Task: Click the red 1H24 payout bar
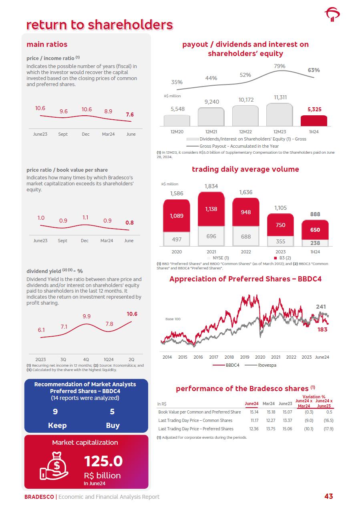[x=314, y=121]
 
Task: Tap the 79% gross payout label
[x=280, y=66]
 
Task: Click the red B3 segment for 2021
[x=211, y=209]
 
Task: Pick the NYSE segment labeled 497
[x=177, y=239]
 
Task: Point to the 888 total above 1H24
[x=315, y=214]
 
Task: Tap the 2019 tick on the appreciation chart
[x=245, y=357]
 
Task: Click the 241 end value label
[x=321, y=307]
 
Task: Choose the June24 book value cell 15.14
[x=254, y=412]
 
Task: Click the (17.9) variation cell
[x=328, y=429]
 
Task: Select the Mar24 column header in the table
[x=269, y=404]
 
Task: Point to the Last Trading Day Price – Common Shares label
[x=195, y=420]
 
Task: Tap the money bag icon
[x=54, y=466]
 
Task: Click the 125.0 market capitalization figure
[x=103, y=462]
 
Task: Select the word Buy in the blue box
[x=113, y=425]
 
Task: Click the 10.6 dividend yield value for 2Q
[x=132, y=314]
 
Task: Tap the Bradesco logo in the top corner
[x=332, y=15]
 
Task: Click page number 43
[x=328, y=496]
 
